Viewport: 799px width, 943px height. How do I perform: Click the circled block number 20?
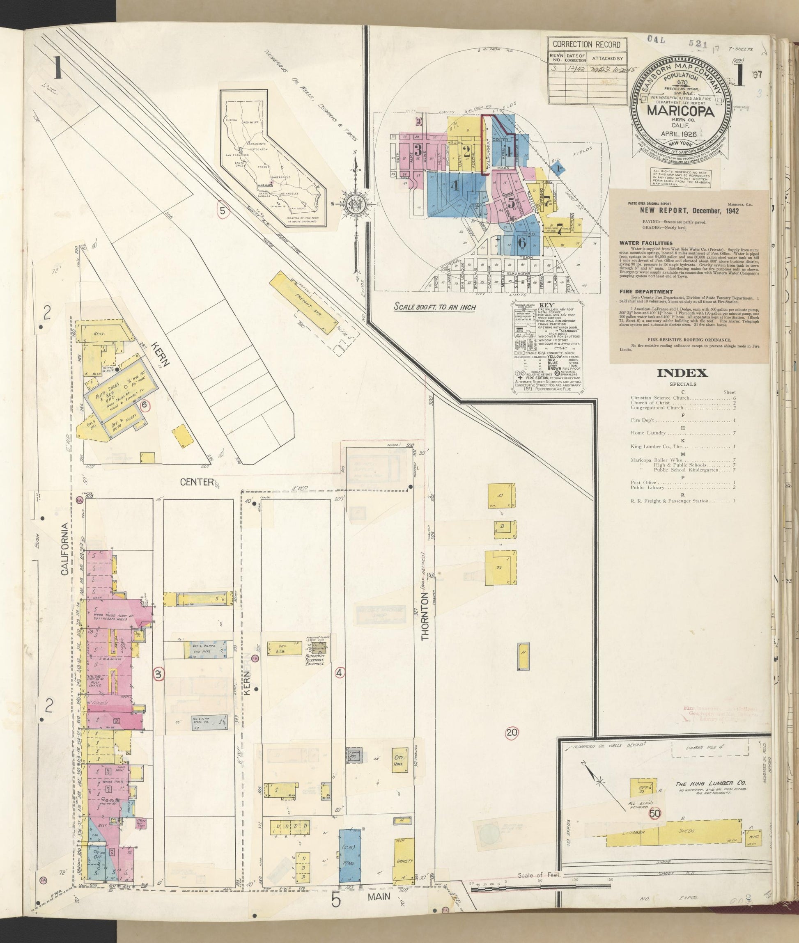[512, 732]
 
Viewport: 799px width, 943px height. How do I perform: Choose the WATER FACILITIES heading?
[640, 243]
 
